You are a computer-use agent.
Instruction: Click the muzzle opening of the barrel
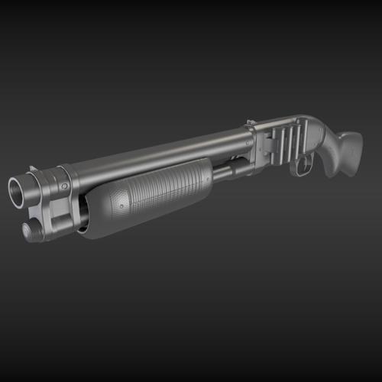click(20, 191)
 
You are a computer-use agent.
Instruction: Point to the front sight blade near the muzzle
click(33, 169)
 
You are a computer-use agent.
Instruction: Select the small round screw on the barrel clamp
click(65, 186)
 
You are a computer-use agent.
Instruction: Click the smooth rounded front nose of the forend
click(92, 218)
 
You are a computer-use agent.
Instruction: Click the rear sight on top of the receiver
click(251, 121)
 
